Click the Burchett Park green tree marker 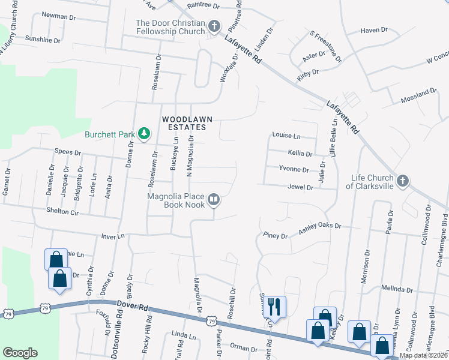143,133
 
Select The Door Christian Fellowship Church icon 214,26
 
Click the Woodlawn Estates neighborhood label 187,123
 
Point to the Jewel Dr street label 301,188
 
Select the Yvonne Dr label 294,170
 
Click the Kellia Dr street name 300,154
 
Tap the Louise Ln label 286,136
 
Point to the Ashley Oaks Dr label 320,228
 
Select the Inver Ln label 112,236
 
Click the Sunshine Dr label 43,40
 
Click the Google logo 20,353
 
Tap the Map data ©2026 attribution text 423,355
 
